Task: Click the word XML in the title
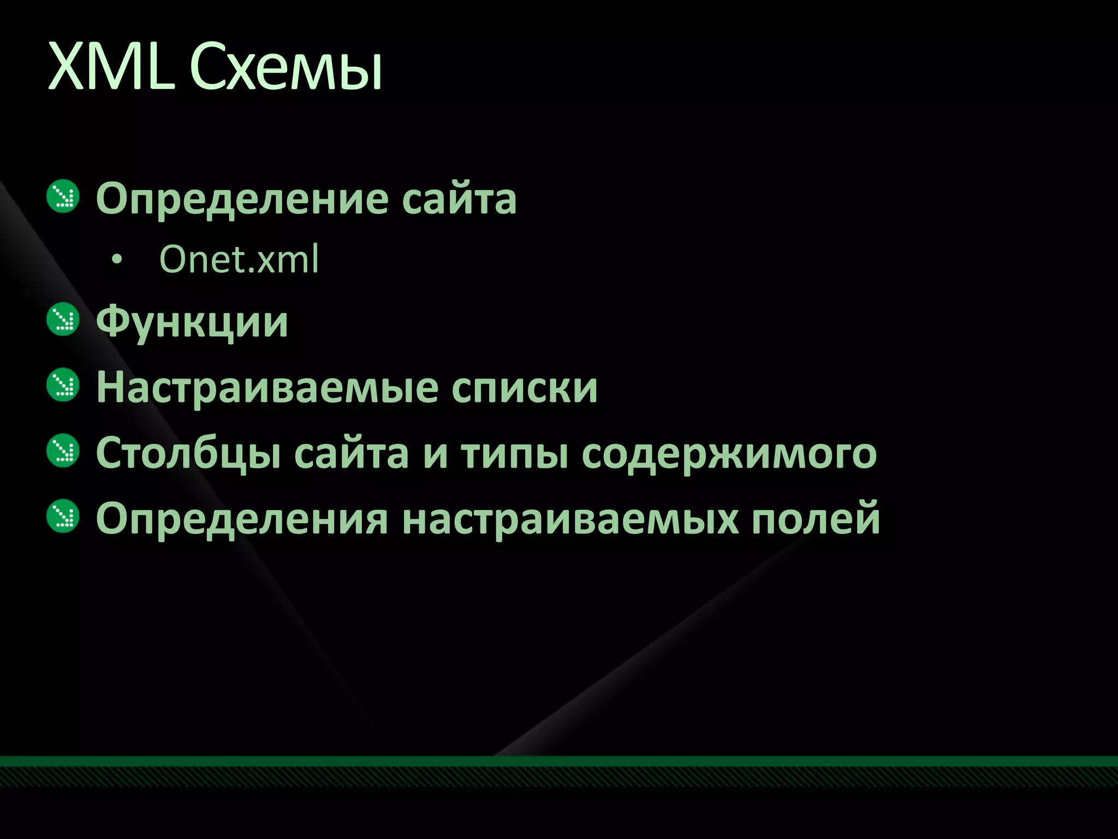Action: click(109, 67)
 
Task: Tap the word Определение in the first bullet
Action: click(242, 199)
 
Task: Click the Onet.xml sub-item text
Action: click(239, 259)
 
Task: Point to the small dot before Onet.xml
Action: click(115, 261)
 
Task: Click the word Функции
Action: click(192, 322)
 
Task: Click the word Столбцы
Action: click(189, 453)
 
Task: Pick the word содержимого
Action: click(729, 453)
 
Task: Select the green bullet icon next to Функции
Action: click(63, 320)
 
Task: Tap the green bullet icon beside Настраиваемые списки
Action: click(63, 385)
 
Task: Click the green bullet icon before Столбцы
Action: click(63, 451)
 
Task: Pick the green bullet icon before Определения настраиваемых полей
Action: click(63, 516)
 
